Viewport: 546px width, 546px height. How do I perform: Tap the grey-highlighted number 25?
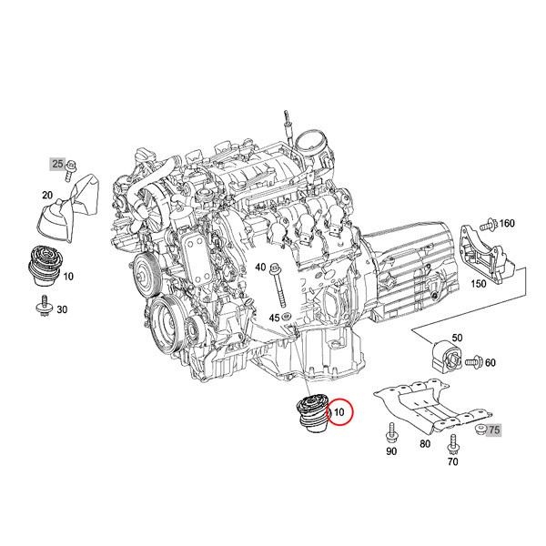tap(58, 164)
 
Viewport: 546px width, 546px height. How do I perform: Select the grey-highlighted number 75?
tap(494, 429)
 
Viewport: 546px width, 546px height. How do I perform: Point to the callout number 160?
tap(506, 223)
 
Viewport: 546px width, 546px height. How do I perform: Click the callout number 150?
tap(477, 283)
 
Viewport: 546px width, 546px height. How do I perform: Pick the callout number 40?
tap(260, 268)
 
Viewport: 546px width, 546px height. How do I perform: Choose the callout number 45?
tap(273, 317)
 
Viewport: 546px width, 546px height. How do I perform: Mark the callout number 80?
tap(424, 445)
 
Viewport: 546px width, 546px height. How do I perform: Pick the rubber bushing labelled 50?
tap(446, 354)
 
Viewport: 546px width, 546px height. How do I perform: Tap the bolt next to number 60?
tap(472, 363)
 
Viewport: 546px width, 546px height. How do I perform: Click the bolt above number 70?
tap(452, 442)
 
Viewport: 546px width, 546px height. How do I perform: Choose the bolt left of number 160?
tap(489, 223)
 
